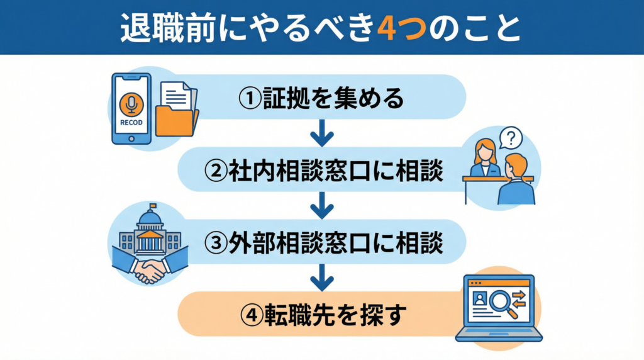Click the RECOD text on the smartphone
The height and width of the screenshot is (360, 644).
pyautogui.click(x=131, y=122)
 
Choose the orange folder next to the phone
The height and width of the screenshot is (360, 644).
pyautogui.click(x=177, y=120)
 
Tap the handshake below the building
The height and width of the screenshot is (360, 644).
pyautogui.click(x=150, y=269)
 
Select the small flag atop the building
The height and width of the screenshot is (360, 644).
pyautogui.click(x=152, y=206)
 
